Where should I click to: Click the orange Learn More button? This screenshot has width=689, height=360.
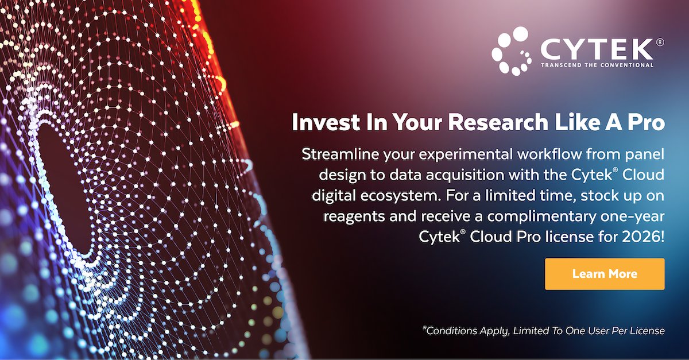tap(605, 274)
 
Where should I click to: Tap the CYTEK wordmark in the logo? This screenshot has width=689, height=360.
tap(597, 48)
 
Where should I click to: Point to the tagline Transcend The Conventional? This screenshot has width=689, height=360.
tap(597, 65)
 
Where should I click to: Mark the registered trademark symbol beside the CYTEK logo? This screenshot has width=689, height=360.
tap(660, 42)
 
